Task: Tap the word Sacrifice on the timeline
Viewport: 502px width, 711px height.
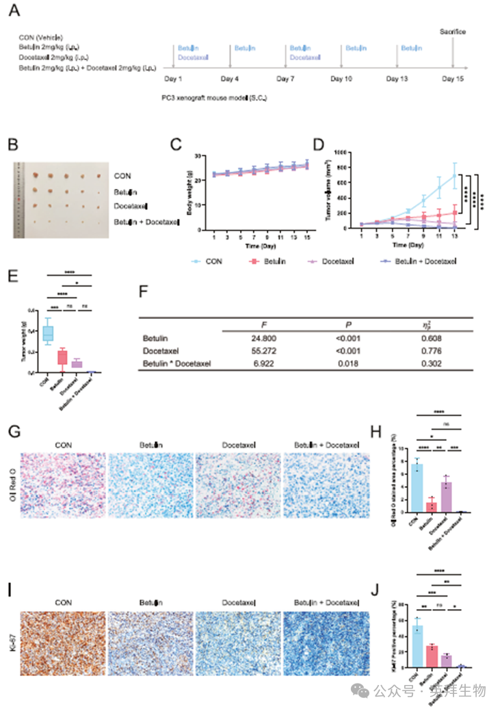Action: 453,32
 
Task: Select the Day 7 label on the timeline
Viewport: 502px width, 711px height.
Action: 285,79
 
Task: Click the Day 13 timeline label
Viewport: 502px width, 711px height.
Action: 397,79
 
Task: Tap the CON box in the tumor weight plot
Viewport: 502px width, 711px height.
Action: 47,333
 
